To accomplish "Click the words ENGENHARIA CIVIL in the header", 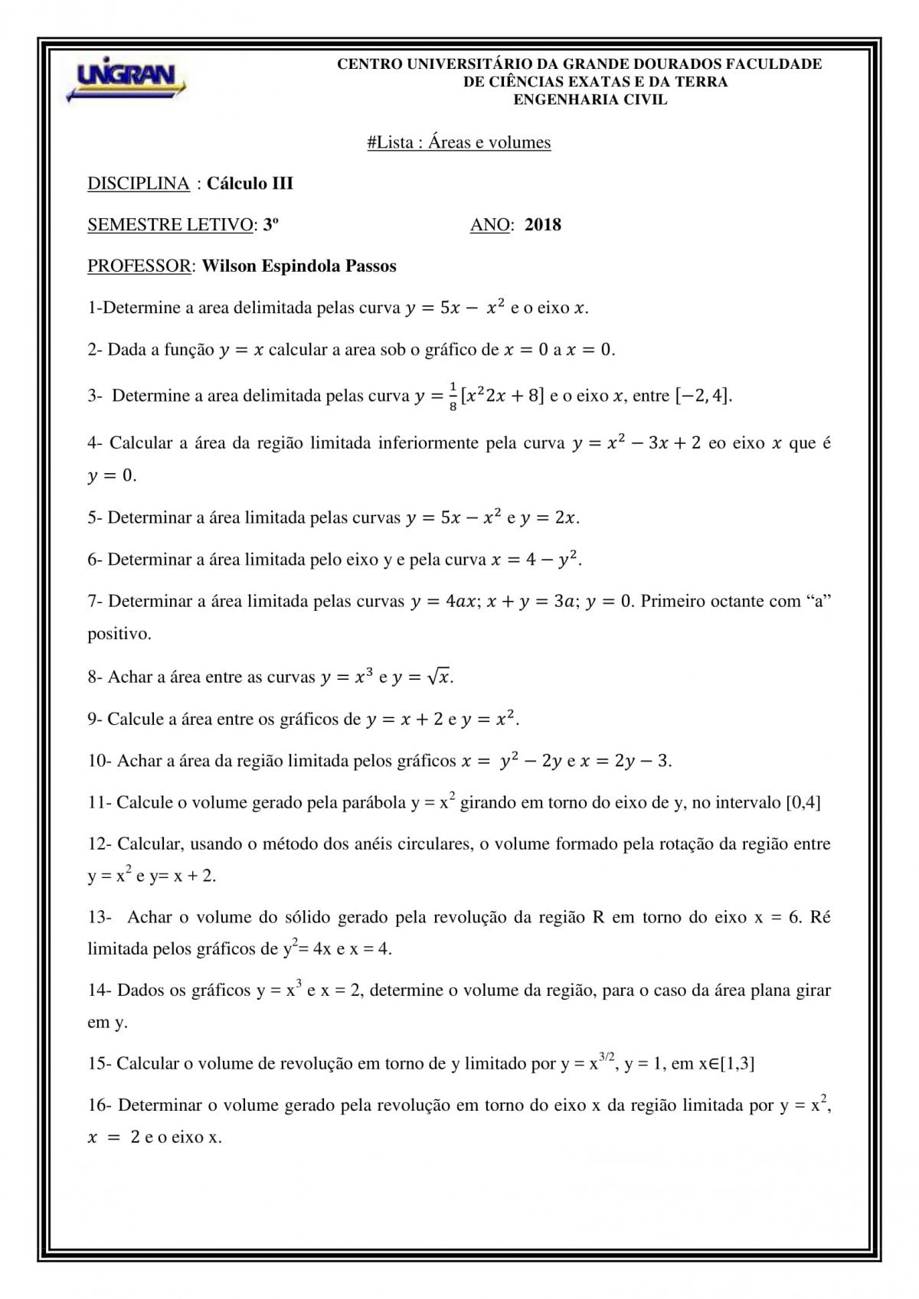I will coord(590,100).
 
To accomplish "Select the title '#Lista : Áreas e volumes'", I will coord(459,142).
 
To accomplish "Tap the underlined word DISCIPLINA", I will coord(139,184).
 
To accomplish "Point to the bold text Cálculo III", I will coord(250,184).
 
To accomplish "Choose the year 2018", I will coord(543,225).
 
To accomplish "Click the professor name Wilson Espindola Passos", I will coord(299,266).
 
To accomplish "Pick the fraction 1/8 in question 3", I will coord(453,397).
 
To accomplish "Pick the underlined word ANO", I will coord(490,225).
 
